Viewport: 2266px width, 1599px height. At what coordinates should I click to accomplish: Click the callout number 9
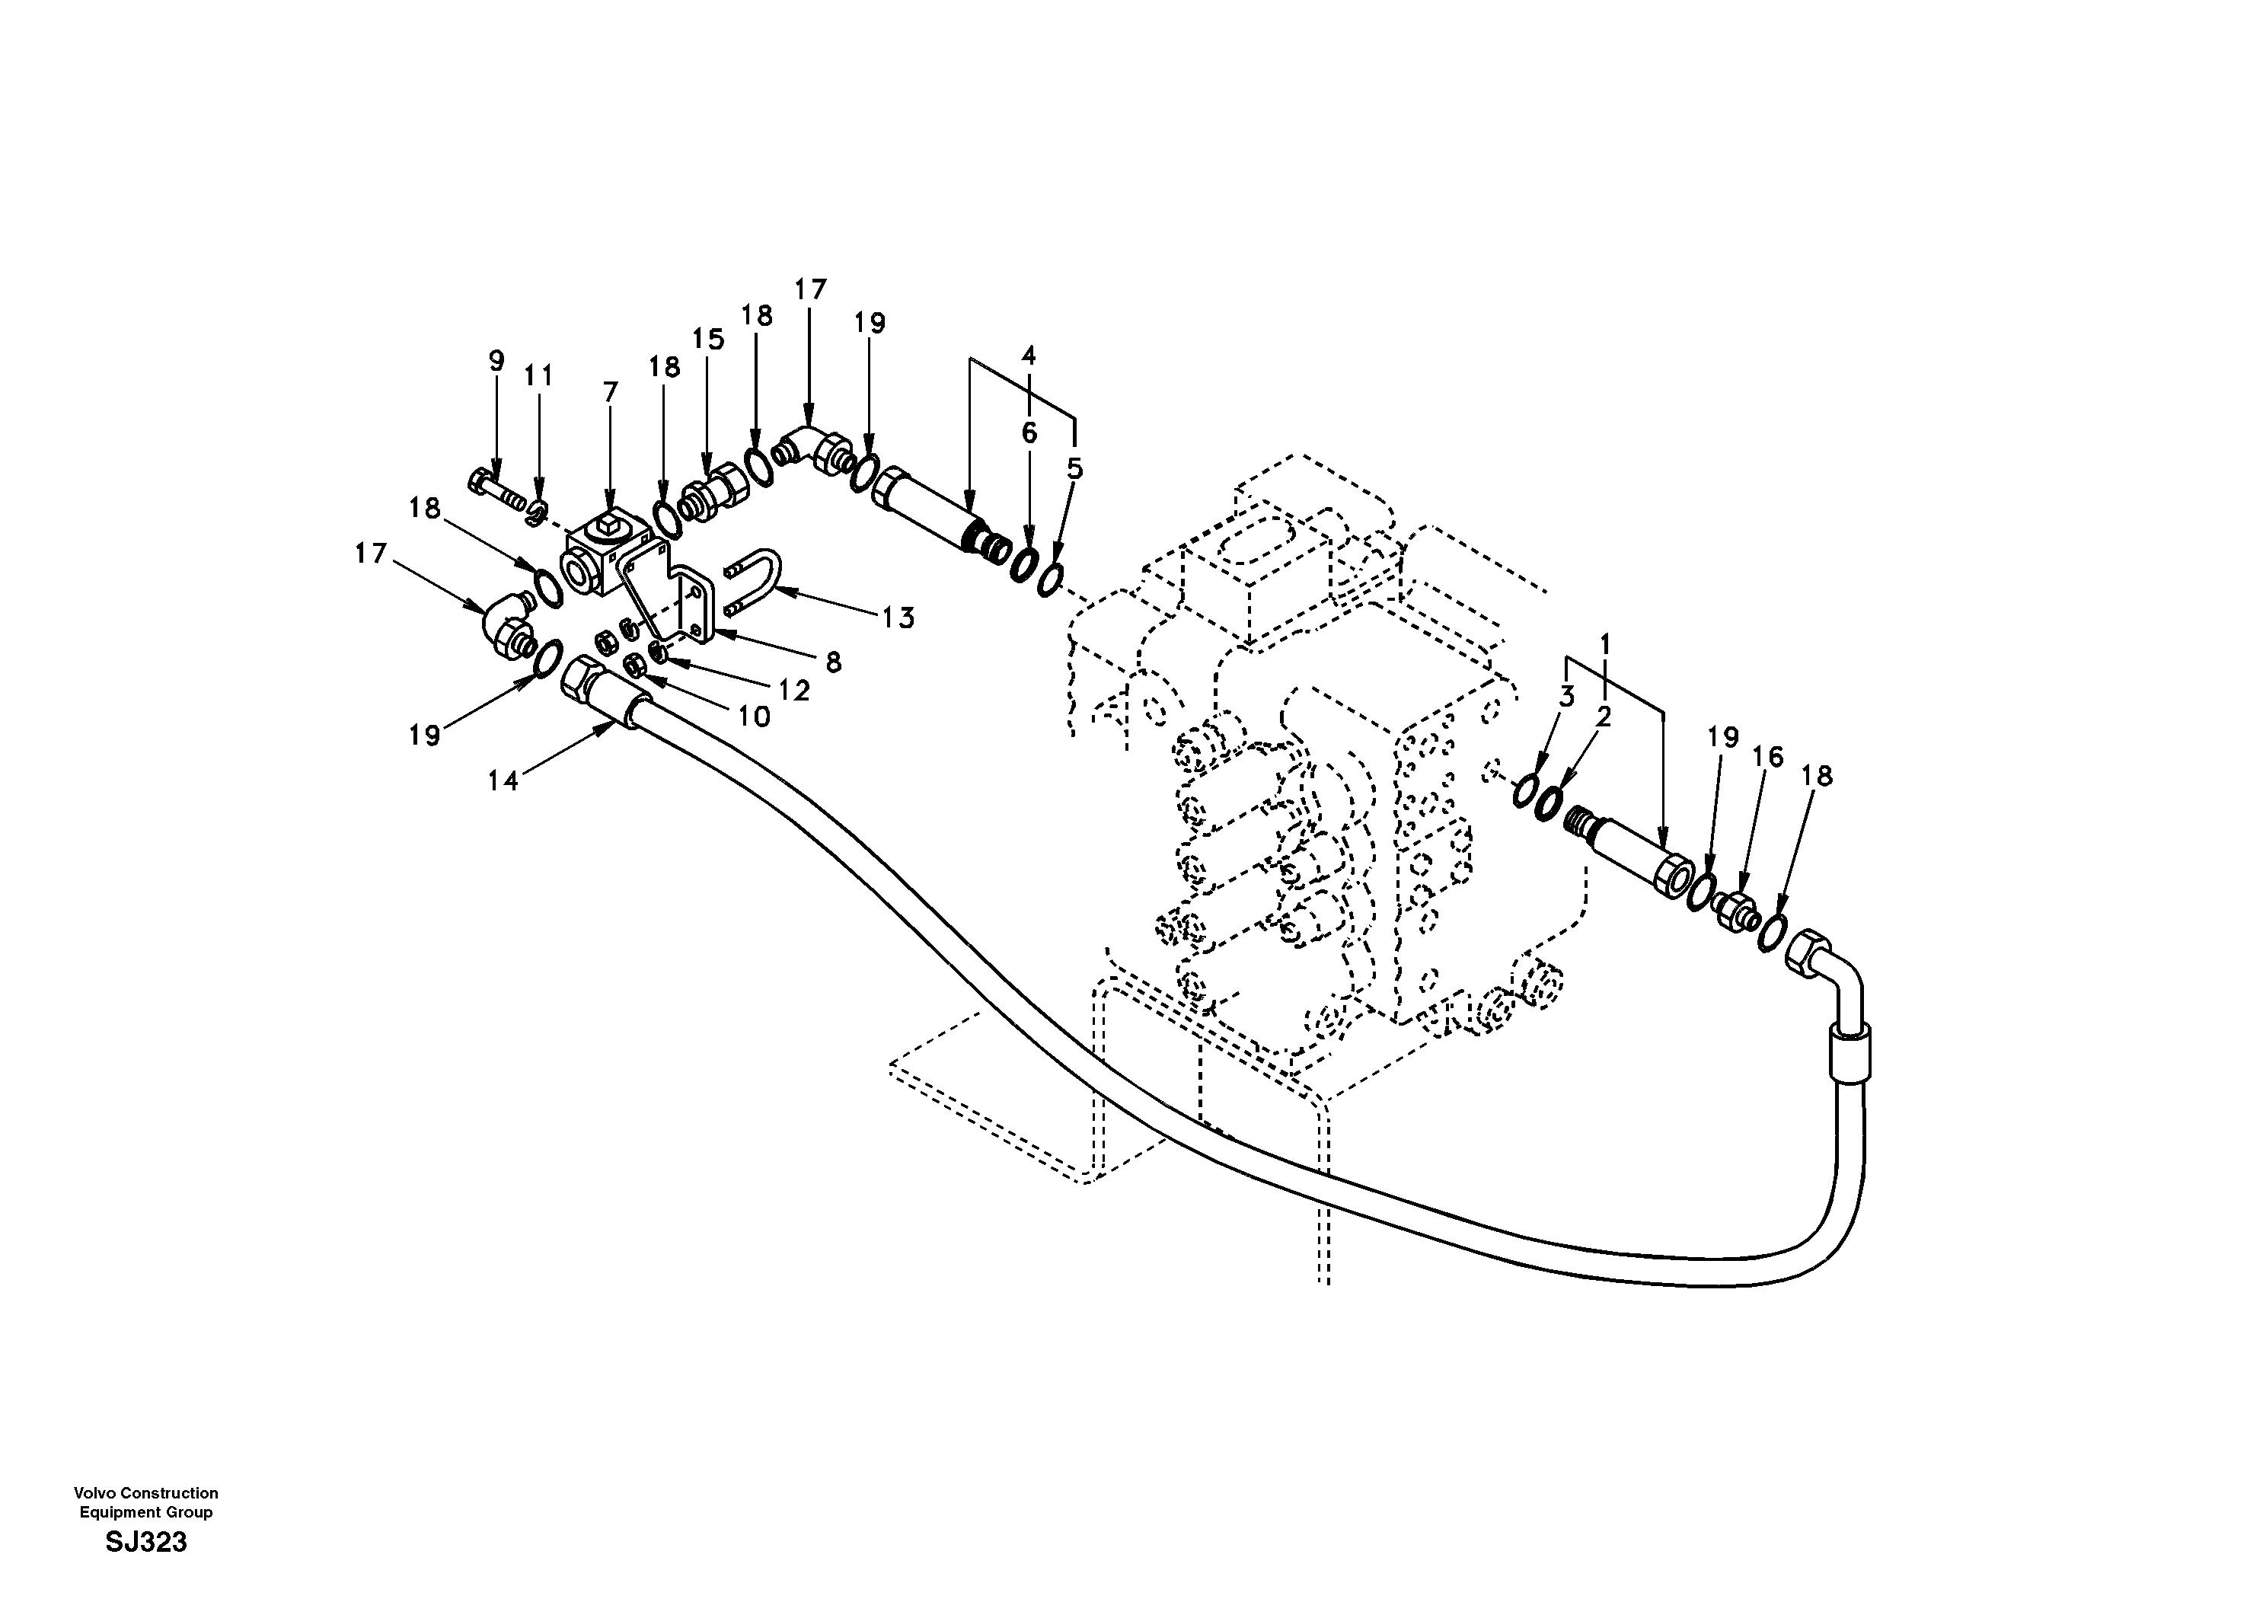pos(496,360)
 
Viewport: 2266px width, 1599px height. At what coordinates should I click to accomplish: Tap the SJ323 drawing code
pos(146,1542)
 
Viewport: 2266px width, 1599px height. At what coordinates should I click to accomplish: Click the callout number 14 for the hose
pos(503,780)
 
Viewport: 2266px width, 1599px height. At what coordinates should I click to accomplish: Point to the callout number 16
pos(1767,757)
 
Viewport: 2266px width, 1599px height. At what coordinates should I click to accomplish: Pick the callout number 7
pos(610,393)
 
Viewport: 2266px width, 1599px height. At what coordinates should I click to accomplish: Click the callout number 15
pos(707,340)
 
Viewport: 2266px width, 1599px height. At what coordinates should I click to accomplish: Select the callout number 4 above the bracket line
pos(1029,354)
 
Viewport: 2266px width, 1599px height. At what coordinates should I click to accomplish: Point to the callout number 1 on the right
pos(1605,644)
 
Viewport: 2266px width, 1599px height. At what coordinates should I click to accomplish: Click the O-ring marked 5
pos(1051,579)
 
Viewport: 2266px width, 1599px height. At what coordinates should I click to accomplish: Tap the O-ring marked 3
pos(1526,790)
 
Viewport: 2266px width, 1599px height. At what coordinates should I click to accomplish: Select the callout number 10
pos(754,717)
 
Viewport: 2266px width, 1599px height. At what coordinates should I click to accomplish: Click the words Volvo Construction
pos(146,1493)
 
